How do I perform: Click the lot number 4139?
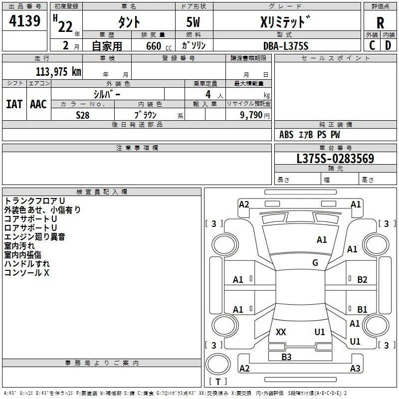pyautogui.click(x=24, y=21)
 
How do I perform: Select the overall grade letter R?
pyautogui.click(x=380, y=23)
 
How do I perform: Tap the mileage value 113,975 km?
pyautogui.click(x=58, y=72)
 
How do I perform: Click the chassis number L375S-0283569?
pyautogui.click(x=335, y=158)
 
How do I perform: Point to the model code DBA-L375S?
pyautogui.click(x=286, y=46)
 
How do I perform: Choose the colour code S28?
pyautogui.click(x=83, y=115)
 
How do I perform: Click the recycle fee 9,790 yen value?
pyautogui.click(x=255, y=115)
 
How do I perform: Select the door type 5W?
pyautogui.click(x=193, y=22)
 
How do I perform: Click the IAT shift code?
pyautogui.click(x=14, y=104)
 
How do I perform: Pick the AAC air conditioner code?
pyautogui.click(x=38, y=104)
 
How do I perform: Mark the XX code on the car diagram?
pyautogui.click(x=281, y=332)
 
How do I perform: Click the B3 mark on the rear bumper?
pyautogui.click(x=286, y=357)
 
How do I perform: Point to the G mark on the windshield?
pyautogui.click(x=315, y=263)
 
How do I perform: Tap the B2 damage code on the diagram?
pyautogui.click(x=362, y=280)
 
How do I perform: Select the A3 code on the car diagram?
pyautogui.click(x=355, y=368)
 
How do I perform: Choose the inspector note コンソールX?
pyautogui.click(x=27, y=273)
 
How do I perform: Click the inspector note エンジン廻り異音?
pyautogui.click(x=34, y=237)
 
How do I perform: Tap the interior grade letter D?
pyautogui.click(x=388, y=45)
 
